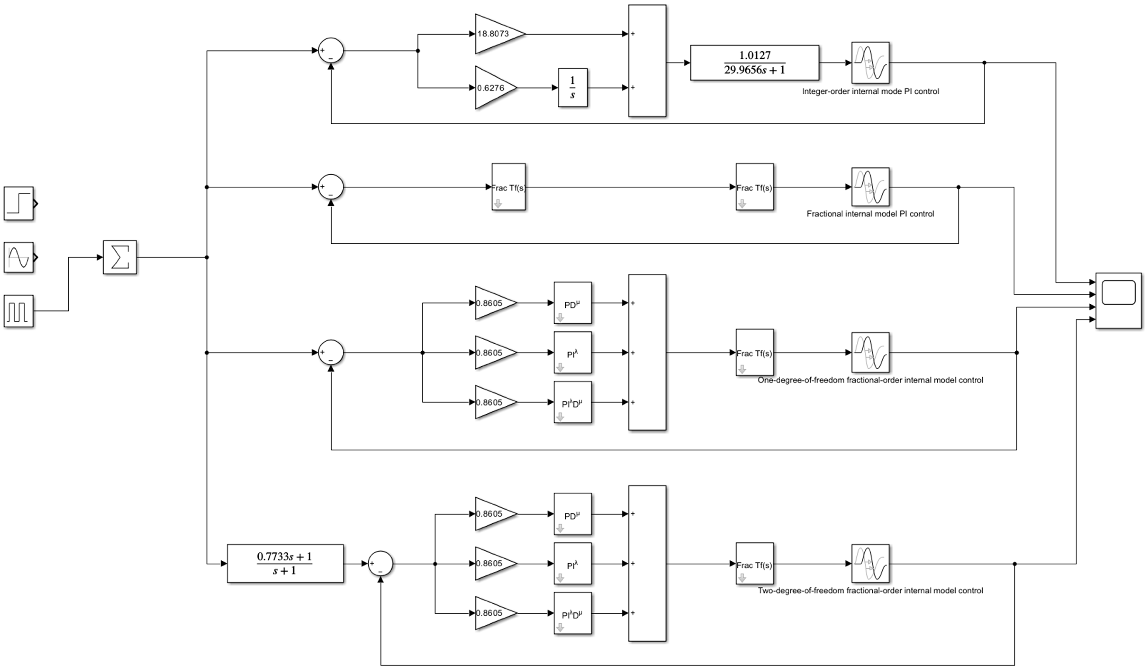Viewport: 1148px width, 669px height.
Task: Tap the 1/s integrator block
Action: [x=573, y=88]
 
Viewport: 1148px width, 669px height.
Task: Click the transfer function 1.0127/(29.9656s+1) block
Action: [x=754, y=63]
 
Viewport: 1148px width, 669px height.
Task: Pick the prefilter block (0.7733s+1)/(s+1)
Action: [x=285, y=563]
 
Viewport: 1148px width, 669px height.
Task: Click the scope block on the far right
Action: [x=1118, y=301]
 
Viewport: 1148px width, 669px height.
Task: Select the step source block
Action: [x=19, y=203]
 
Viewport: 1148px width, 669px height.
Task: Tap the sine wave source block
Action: [x=19, y=257]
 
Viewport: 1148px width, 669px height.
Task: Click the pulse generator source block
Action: [x=19, y=311]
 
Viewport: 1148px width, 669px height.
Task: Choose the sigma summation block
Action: [x=120, y=257]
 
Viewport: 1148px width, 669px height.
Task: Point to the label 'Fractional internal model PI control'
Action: [x=870, y=214]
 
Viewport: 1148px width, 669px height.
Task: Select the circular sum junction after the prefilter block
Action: [x=380, y=563]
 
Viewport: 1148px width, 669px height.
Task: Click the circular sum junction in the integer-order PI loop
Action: [x=331, y=51]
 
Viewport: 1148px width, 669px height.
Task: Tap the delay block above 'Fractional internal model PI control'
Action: [x=870, y=187]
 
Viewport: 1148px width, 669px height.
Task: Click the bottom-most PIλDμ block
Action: [x=573, y=613]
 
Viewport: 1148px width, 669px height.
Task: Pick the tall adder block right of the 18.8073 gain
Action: [x=647, y=61]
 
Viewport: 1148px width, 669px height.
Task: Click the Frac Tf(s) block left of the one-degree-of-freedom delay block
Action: [x=754, y=352]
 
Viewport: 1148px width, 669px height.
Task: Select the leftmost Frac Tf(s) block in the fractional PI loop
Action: [x=508, y=187]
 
